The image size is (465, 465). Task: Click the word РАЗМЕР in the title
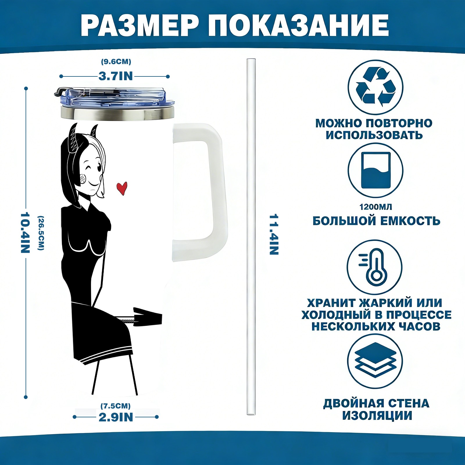tap(140, 25)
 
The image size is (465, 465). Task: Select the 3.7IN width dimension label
tap(116, 76)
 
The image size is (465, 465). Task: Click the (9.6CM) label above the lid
tap(116, 62)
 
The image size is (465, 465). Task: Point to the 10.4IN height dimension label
tap(25, 233)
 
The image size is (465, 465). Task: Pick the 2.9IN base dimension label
tap(116, 417)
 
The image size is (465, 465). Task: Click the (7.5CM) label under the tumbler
tap(115, 406)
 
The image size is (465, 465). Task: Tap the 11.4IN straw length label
tap(274, 235)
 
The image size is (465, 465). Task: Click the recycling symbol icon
tap(375, 87)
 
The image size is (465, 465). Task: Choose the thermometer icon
tap(375, 267)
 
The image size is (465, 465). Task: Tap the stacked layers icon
tap(375, 361)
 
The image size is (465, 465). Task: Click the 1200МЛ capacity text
tap(376, 207)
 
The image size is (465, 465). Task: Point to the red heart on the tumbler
tap(122, 188)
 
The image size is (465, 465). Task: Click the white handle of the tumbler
tap(201, 192)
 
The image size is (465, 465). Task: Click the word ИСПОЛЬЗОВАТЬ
tap(374, 135)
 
